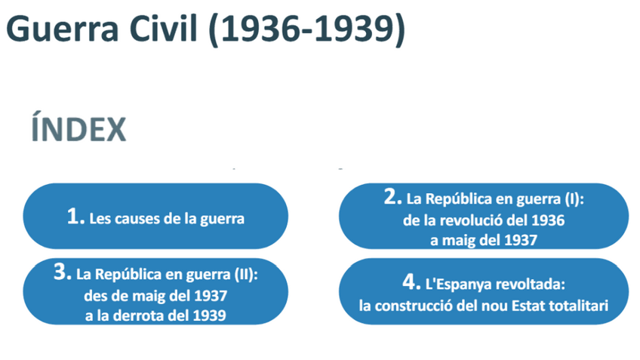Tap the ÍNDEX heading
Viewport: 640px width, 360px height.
[x=78, y=130]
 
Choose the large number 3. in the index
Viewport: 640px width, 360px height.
[x=63, y=273]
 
